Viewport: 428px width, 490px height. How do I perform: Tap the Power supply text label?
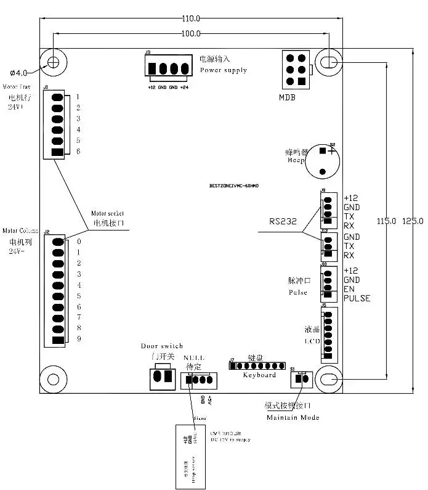(223, 70)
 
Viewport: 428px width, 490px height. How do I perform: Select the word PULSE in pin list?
(357, 298)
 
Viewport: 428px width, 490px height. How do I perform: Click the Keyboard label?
(259, 375)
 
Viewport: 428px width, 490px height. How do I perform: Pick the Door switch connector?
(161, 378)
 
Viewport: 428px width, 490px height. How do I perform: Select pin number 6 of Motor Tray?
(78, 152)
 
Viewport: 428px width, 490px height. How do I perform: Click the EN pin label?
(349, 289)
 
